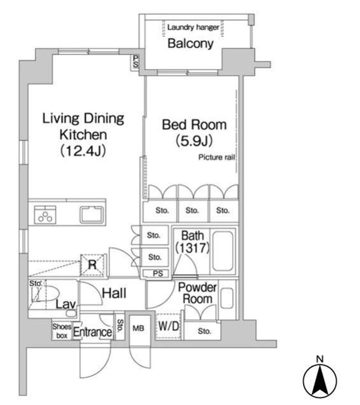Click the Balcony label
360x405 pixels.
[190, 44]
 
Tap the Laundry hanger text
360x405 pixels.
[193, 27]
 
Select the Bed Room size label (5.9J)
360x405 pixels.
[194, 141]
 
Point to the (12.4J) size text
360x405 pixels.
[83, 151]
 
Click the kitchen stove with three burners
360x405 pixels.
[45, 215]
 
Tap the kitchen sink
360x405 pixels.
[91, 215]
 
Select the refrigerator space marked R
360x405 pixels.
[92, 265]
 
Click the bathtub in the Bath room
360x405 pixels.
[223, 251]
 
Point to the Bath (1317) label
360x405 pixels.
[192, 242]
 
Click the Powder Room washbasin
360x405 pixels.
[227, 298]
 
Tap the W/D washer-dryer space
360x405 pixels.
[168, 327]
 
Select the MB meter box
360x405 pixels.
[139, 328]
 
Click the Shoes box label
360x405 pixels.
[62, 331]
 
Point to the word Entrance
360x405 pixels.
[93, 332]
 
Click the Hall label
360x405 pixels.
[114, 294]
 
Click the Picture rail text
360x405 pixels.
[216, 158]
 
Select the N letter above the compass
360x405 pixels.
[320, 359]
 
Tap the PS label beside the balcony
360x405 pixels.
[135, 61]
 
